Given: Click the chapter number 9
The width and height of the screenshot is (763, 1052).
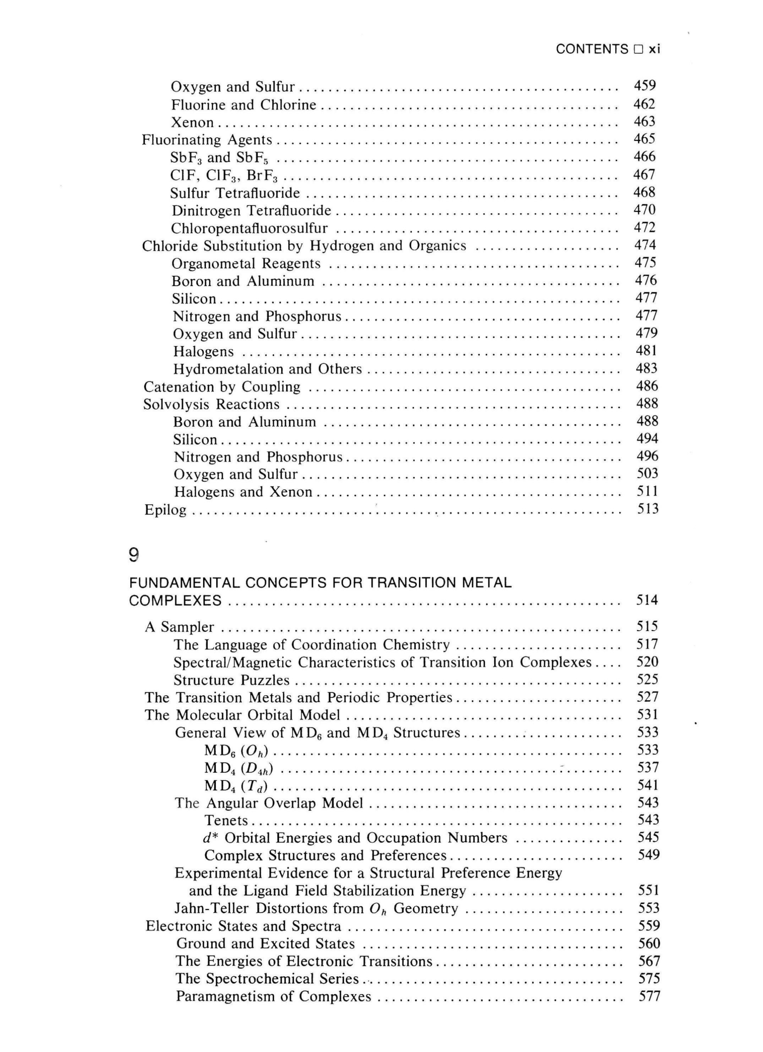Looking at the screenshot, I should pos(134,555).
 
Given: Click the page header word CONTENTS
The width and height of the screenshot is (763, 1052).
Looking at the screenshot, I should pos(592,49).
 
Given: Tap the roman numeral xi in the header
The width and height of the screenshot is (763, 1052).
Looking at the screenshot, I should pos(654,49).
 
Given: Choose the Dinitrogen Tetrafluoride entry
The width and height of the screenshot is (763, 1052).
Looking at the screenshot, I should pos(251,210).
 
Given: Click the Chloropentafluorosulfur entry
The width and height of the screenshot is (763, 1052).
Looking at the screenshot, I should pos(249,228).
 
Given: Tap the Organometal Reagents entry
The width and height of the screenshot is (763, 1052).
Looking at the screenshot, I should pos(246,263).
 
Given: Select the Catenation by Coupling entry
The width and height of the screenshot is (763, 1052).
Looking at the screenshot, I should pos(222,387).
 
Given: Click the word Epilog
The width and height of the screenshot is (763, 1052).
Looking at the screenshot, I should pos(165,510).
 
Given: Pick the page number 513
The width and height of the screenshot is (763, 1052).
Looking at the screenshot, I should pos(647,509).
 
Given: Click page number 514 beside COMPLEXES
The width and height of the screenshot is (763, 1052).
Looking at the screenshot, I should pos(647,600).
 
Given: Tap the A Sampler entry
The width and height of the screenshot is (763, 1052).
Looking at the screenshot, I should pos(179,627).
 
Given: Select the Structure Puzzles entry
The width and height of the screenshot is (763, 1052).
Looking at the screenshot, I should pos(231,680).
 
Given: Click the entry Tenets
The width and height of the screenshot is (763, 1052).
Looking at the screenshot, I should pos(226,821).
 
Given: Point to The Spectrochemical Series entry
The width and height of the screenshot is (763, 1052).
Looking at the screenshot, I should pos(267,979).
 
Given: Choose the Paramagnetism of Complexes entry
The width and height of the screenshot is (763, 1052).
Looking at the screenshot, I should pos(273,997).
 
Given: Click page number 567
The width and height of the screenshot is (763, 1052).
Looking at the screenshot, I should pos(649,961).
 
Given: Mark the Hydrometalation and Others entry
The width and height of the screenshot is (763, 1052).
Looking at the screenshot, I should pos(267,369).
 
